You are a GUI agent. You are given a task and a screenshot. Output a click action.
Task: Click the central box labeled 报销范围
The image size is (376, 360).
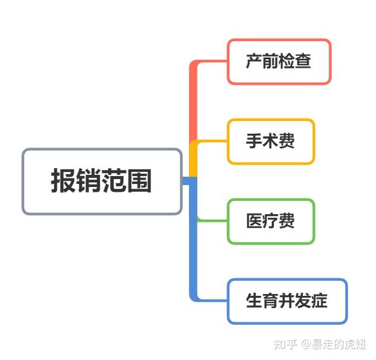pyautogui.click(x=102, y=182)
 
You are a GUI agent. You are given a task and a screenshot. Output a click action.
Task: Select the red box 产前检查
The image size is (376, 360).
pyautogui.click(x=279, y=62)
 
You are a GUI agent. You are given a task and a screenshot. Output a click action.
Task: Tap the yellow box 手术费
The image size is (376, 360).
pyautogui.click(x=270, y=142)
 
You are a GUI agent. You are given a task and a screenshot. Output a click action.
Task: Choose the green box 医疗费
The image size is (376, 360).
pyautogui.click(x=270, y=221)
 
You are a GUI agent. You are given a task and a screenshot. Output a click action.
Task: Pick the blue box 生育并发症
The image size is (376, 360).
pyautogui.click(x=287, y=301)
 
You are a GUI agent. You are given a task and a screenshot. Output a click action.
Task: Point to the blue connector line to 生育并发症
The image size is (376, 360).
pyautogui.click(x=194, y=254)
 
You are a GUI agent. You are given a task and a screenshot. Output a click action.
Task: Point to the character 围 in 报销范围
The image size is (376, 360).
pyautogui.click(x=140, y=182)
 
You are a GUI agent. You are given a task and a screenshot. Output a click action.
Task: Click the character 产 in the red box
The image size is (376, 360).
pyautogui.click(x=254, y=62)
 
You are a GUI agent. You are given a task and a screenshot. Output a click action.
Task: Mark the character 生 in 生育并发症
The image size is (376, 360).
pyautogui.click(x=254, y=301)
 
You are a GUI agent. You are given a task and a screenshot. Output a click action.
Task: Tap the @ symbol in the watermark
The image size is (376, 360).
pyautogui.click(x=306, y=344)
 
